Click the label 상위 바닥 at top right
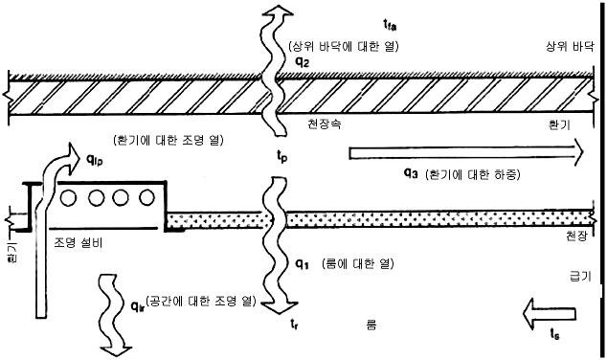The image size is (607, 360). point(569,47)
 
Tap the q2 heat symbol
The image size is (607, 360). point(303,62)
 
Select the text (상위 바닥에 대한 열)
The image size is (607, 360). point(344,47)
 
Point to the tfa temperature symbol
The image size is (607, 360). point(390,26)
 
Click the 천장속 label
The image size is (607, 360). point(324,124)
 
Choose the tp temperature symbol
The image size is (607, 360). point(281,156)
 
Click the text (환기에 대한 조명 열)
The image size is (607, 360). point(169,140)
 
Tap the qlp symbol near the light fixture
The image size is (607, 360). point(94,159)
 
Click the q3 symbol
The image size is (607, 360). point(411,173)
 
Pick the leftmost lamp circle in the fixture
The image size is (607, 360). point(69,198)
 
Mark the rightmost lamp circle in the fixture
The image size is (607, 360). point(146,198)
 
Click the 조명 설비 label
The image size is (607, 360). point(78,243)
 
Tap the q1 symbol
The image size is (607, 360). point(302,264)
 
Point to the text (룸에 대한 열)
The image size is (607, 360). point(357,264)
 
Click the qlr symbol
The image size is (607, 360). point(138,306)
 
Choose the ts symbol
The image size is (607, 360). point(554,334)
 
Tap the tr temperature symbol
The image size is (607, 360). point(294,324)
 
